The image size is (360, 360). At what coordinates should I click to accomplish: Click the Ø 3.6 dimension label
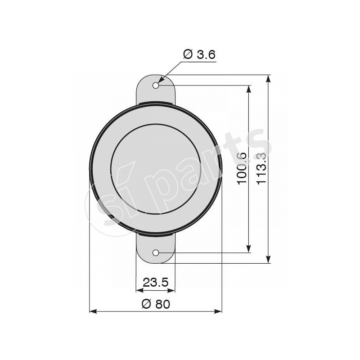click(199, 54)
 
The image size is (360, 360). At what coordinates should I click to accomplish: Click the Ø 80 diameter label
click(156, 304)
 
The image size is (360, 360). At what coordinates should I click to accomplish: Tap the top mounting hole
click(156, 85)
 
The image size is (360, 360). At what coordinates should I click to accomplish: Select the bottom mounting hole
click(156, 252)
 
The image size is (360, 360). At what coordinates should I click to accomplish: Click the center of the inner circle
click(156, 169)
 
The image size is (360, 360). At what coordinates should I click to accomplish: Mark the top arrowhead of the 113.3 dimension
click(269, 79)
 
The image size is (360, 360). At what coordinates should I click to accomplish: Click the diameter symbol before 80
click(145, 304)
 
